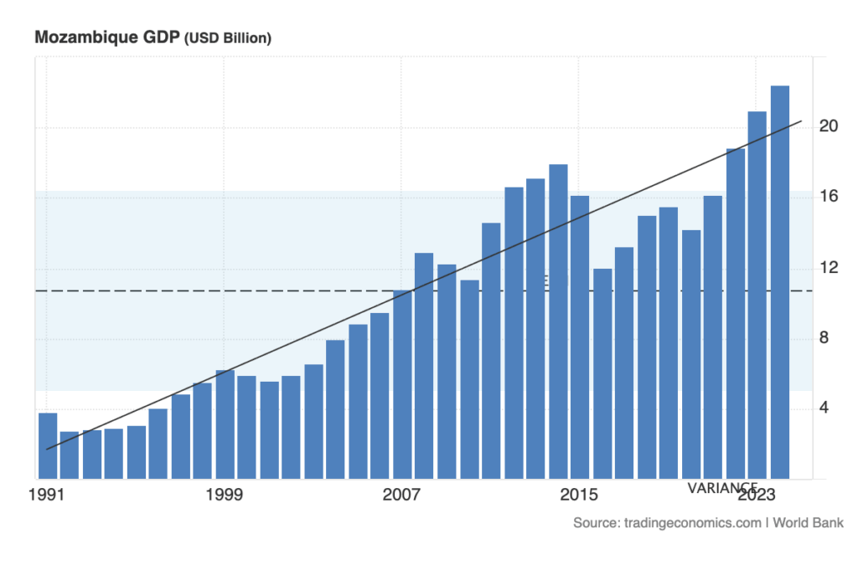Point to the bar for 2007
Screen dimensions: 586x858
coord(403,384)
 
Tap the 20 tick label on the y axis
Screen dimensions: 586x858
coord(829,126)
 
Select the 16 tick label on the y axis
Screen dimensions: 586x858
coord(829,197)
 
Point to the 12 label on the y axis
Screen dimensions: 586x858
coord(829,268)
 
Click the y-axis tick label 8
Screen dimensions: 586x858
coord(829,338)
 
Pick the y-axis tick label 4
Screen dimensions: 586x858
coord(829,409)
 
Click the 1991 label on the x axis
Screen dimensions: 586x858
coord(47,496)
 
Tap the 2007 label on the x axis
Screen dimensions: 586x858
coord(401,496)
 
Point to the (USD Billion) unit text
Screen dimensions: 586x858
coord(228,39)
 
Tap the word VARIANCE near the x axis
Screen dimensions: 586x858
coord(722,486)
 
